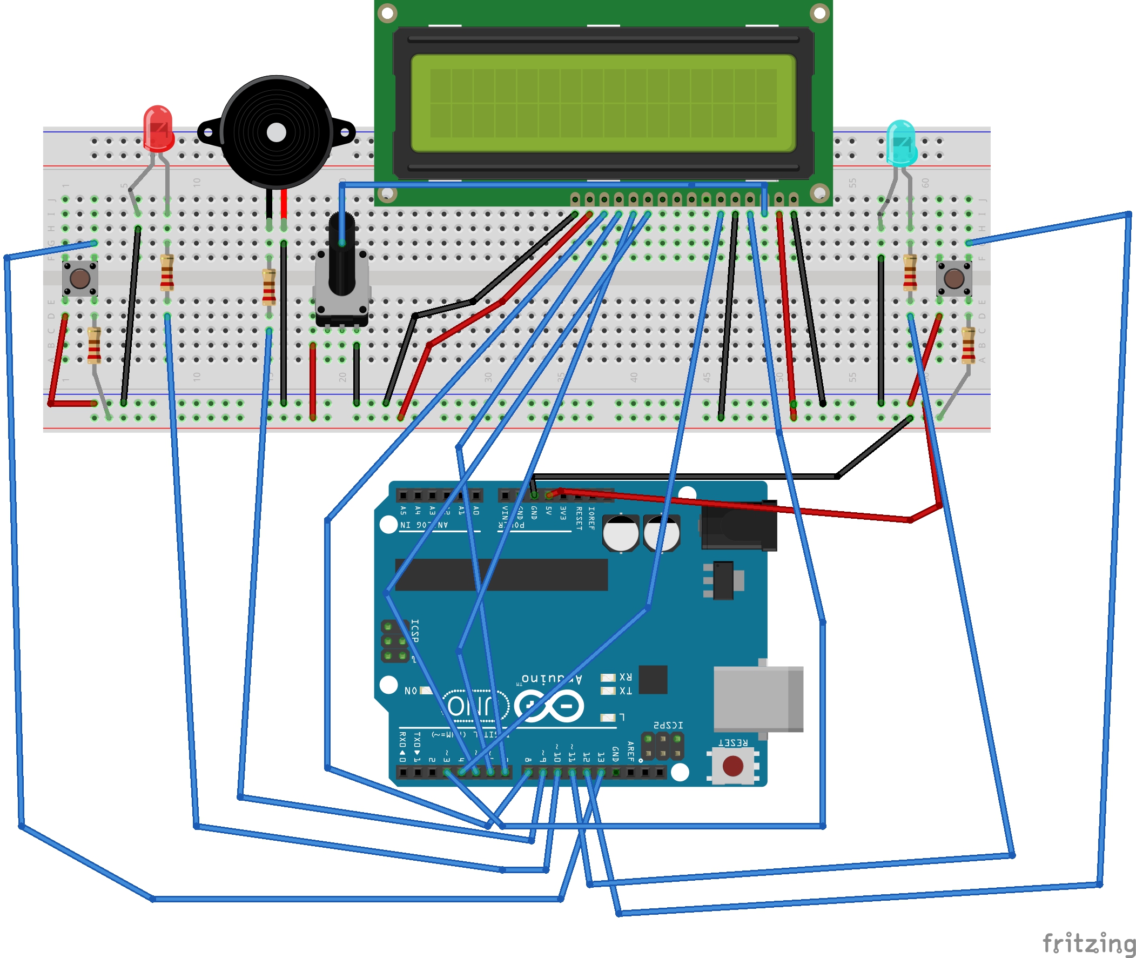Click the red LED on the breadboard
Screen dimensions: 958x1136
(x=158, y=128)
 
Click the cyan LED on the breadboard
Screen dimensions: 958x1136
(x=901, y=142)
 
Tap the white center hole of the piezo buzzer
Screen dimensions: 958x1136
(x=277, y=132)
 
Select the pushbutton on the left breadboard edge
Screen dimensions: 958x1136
(x=80, y=278)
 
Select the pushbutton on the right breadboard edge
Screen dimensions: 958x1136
(x=954, y=278)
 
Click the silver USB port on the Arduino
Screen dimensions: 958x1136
(x=758, y=699)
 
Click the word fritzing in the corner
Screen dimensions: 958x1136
(x=1088, y=943)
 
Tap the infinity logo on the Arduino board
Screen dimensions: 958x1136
(x=549, y=706)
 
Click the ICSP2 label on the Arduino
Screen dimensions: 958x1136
(x=668, y=726)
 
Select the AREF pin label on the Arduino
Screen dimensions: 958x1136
(x=630, y=752)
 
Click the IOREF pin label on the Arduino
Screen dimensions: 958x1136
(x=591, y=518)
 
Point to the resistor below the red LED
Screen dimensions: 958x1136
(x=167, y=273)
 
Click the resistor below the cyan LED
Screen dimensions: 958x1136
(x=910, y=273)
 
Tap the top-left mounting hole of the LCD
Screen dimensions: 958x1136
(x=387, y=12)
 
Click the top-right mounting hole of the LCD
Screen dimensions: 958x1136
(x=819, y=12)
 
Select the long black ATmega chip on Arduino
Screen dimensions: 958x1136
(x=501, y=574)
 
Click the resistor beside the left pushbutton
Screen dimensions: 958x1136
(x=94, y=345)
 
